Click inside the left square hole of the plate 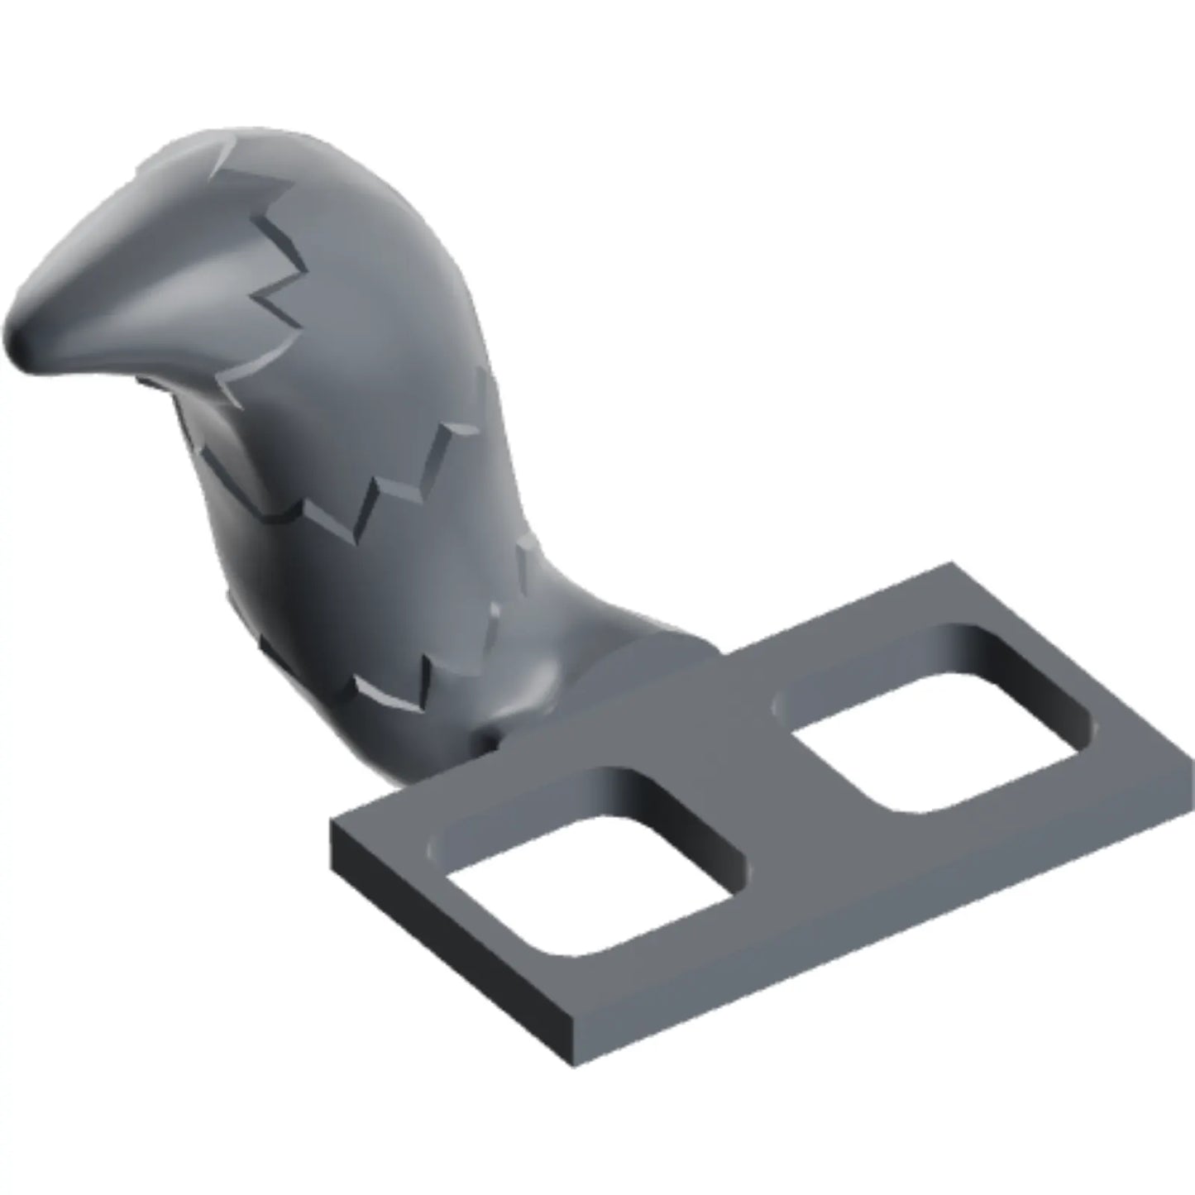tap(587, 885)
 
